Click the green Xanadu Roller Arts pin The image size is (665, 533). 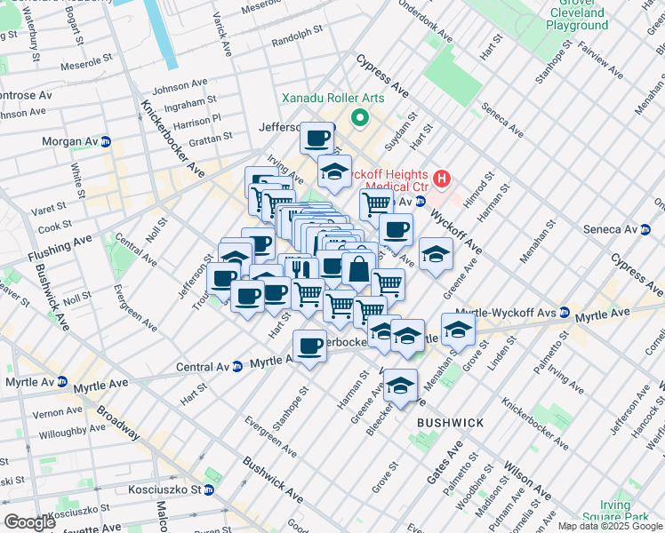360,117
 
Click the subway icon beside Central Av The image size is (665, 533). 237,366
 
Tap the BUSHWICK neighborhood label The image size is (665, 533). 451,423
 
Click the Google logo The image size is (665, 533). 29,521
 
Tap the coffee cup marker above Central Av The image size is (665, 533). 309,346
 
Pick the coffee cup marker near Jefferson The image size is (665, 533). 316,138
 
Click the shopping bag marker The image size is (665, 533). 357,268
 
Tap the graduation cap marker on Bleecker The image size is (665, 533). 400,386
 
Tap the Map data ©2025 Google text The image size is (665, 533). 610,526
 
